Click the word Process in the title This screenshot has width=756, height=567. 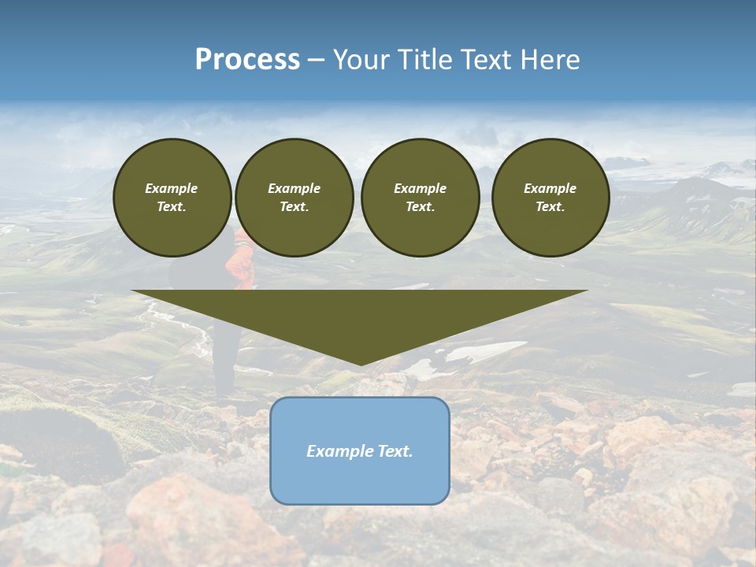tap(247, 60)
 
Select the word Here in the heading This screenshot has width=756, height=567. tap(550, 60)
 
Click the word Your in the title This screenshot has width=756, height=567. tap(362, 60)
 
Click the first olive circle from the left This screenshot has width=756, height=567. tap(172, 198)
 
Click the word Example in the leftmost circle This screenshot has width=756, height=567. tap(172, 188)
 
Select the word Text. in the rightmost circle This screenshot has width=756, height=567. tap(550, 206)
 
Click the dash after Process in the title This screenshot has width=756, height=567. tap(316, 60)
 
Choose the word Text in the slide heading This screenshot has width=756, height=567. tap(487, 60)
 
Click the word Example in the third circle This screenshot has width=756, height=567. tap(420, 188)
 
